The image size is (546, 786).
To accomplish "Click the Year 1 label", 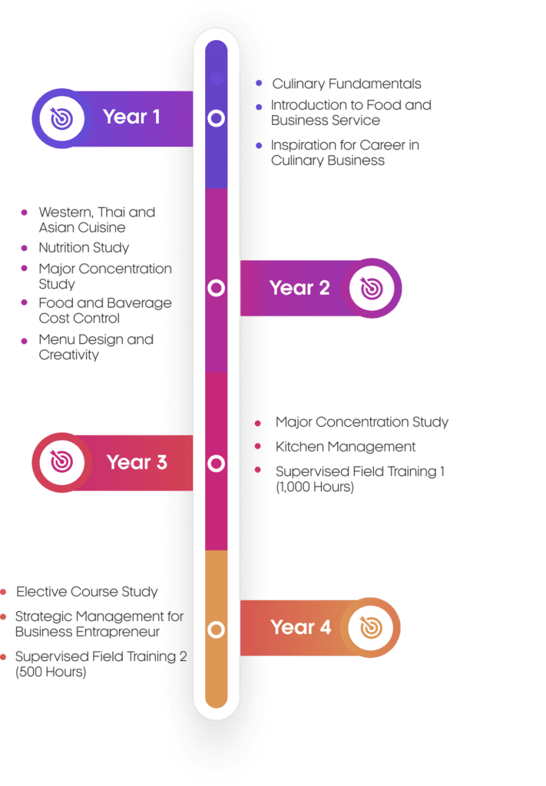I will (x=131, y=117).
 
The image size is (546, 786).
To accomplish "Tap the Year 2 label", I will (x=299, y=288).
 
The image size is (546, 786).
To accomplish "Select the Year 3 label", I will (x=137, y=462).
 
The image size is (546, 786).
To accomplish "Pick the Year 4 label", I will (x=301, y=627).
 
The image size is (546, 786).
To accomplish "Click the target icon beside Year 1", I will (x=62, y=117).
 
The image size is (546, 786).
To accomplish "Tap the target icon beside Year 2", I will (x=372, y=289).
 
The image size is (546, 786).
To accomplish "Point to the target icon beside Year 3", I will (x=62, y=462).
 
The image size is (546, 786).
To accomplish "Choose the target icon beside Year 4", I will (x=371, y=628).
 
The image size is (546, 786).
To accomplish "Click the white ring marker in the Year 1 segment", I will (x=217, y=118).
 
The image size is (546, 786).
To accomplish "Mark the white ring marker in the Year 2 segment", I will (x=217, y=288).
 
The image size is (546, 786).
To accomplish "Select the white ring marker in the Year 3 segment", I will (x=217, y=464).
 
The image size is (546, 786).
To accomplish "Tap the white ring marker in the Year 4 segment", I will (x=217, y=630).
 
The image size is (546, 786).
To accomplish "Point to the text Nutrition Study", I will (x=84, y=247).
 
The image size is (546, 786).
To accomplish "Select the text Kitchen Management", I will (x=346, y=446).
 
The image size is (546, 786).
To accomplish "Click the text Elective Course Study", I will (x=87, y=591).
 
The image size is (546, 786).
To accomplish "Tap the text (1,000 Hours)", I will (x=315, y=487).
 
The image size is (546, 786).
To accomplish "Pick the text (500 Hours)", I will (x=51, y=672).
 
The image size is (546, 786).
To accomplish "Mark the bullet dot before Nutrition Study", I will (x=24, y=248).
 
